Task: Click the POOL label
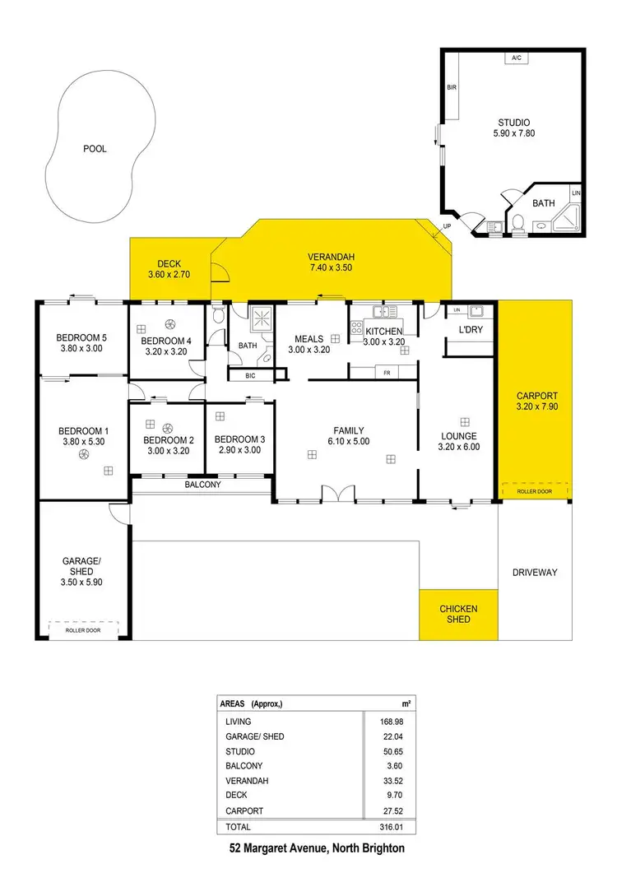click(x=95, y=149)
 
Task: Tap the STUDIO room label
click(x=514, y=123)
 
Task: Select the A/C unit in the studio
click(x=517, y=58)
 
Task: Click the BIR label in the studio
click(x=452, y=86)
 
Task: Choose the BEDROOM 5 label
click(x=81, y=337)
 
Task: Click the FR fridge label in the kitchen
click(x=386, y=373)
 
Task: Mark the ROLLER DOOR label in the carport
click(x=535, y=491)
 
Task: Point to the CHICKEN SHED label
click(x=458, y=614)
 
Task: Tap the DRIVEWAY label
click(x=535, y=572)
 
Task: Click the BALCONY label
click(x=202, y=485)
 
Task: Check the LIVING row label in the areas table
click(x=239, y=722)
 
